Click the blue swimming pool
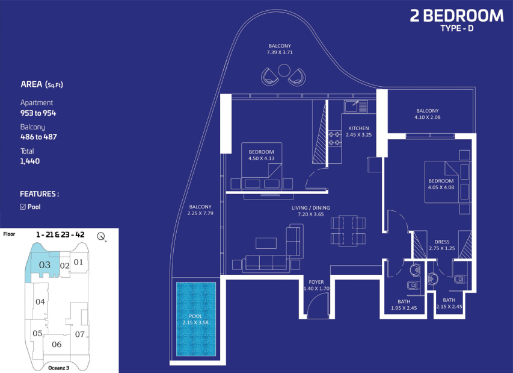click(196, 319)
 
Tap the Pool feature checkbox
click(23, 207)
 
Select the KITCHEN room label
click(358, 128)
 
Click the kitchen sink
click(355, 107)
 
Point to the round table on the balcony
click(284, 70)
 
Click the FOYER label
click(316, 282)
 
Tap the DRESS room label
click(442, 242)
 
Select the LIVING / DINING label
click(311, 208)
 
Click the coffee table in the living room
click(266, 243)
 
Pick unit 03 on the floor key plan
click(45, 265)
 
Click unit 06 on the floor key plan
click(57, 344)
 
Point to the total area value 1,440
click(30, 161)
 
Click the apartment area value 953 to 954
click(38, 113)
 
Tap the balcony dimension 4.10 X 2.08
click(427, 118)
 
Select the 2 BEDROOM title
click(456, 16)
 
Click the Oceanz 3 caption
click(58, 368)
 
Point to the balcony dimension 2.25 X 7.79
click(200, 213)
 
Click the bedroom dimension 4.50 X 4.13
click(261, 158)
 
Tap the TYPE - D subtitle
click(456, 28)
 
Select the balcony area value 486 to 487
click(38, 137)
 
